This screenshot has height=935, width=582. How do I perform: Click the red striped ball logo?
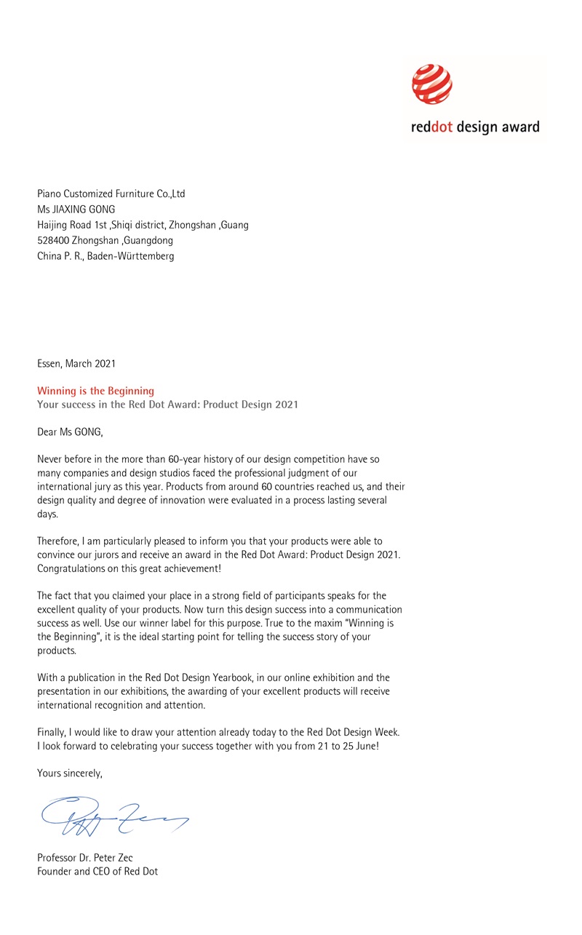tap(432, 84)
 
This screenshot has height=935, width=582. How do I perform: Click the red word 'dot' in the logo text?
tap(441, 127)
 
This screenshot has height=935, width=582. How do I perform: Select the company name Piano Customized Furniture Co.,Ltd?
tap(111, 194)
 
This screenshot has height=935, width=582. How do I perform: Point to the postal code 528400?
tap(53, 240)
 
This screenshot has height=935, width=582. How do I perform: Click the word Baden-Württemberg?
tap(131, 256)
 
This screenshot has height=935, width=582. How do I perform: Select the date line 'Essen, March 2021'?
tap(76, 363)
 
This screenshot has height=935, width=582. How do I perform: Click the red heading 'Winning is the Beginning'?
tap(95, 391)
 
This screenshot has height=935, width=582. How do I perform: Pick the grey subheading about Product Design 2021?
tap(167, 405)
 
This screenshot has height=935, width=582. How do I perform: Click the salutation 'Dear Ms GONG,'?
tap(71, 432)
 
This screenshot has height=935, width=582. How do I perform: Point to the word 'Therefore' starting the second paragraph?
tap(57, 541)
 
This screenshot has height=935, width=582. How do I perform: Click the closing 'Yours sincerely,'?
tap(70, 773)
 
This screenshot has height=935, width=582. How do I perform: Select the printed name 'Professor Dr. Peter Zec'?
tap(85, 858)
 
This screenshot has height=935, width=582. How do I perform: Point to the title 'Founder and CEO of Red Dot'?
tap(97, 872)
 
